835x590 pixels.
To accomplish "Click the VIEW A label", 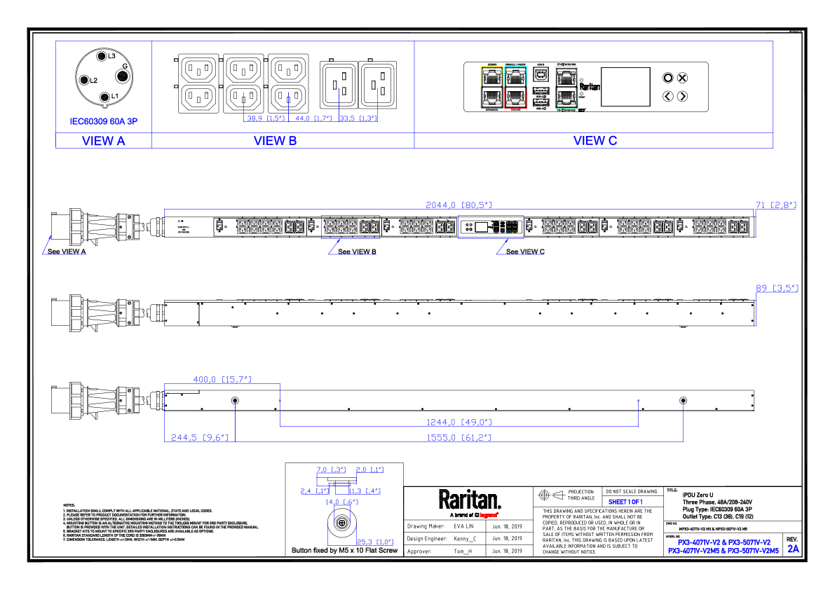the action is pos(103,141).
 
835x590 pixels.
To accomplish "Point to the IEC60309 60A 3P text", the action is pos(103,121).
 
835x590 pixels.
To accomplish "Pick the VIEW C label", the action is pos(595,140).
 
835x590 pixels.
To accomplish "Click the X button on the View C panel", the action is pos(682,78).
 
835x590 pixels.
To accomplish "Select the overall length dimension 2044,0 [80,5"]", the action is pos(459,205).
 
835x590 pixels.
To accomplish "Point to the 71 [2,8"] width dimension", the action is pos(775,205).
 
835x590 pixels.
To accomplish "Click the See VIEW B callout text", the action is pos(357,252).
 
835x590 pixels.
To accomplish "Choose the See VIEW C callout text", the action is pos(525,252).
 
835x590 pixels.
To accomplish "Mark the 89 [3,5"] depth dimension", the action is pos(777,288).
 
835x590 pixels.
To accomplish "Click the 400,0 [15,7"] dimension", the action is pos(222,379).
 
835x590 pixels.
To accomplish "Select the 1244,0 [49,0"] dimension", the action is pos(459,422).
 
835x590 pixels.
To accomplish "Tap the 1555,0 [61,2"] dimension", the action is pos(459,437).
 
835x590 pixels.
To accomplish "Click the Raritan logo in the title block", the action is pos(470,500).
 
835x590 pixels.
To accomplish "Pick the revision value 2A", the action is pos(793,549).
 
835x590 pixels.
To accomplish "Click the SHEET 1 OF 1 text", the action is pos(625,502).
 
